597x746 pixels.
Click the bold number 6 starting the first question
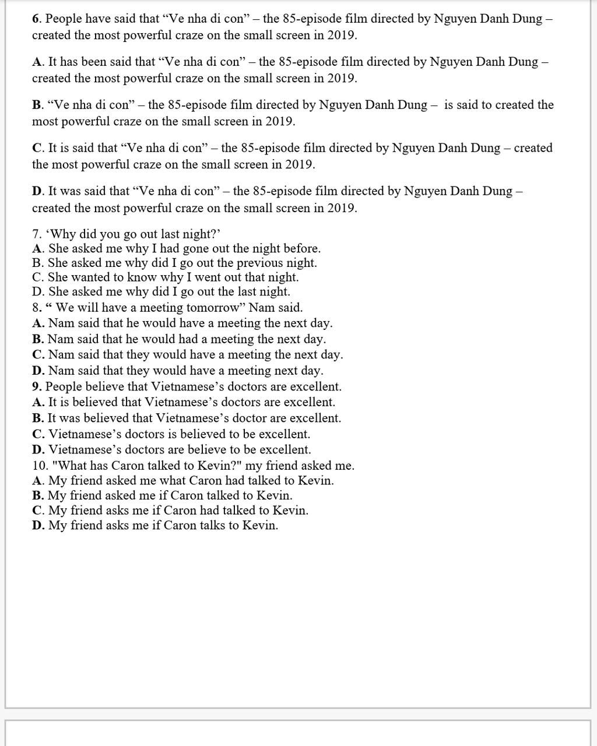[x=36, y=19]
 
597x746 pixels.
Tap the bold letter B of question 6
[x=37, y=105]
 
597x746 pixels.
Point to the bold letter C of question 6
[x=37, y=148]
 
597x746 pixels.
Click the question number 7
[x=36, y=234]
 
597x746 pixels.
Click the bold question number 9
[x=36, y=386]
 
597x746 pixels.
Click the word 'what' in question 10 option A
[x=157, y=481]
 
